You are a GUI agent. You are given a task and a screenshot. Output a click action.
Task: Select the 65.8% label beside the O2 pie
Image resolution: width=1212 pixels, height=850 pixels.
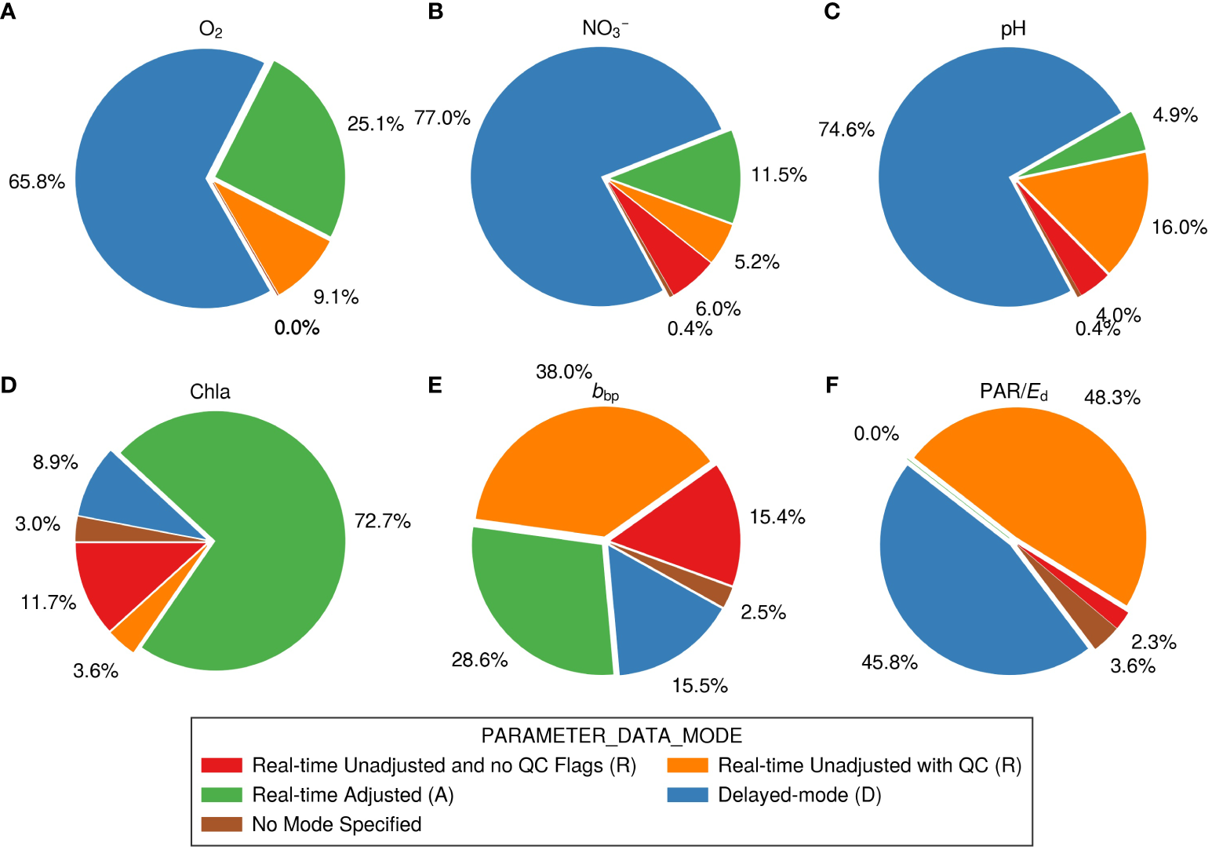coord(37,182)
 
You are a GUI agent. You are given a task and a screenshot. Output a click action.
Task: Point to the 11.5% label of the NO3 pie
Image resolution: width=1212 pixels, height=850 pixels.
coord(778,175)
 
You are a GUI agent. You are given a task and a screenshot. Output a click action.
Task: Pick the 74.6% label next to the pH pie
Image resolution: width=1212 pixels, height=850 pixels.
coord(846,130)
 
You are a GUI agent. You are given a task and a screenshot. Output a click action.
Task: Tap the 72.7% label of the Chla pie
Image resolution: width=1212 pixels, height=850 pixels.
coord(382,521)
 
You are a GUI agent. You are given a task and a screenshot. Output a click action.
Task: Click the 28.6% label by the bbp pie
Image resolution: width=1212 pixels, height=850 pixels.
coord(479,660)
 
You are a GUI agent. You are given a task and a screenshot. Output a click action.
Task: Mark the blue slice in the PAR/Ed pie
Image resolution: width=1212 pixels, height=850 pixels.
coord(957,589)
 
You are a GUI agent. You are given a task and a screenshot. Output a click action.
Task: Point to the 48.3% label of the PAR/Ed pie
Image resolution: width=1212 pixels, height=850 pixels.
coord(1112,398)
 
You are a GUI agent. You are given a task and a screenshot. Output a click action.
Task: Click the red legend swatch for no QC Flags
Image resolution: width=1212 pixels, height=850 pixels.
coord(221,765)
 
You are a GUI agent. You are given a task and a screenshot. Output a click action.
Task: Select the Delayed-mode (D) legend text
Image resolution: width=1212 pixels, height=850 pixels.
coord(799,795)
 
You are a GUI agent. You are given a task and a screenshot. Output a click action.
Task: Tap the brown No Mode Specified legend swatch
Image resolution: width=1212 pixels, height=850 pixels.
coord(221,824)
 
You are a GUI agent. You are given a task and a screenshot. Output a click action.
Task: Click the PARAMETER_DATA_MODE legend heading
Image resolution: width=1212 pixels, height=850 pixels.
coord(611,735)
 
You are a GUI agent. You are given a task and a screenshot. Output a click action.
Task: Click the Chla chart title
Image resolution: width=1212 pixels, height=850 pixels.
coord(210,392)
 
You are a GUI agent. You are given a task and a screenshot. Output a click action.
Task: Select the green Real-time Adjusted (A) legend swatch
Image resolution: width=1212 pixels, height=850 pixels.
coord(221,795)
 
